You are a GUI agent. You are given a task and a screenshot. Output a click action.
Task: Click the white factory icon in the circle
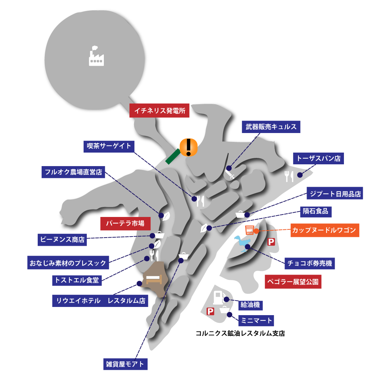(96, 56)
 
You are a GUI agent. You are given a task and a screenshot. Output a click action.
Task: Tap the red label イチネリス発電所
(159, 111)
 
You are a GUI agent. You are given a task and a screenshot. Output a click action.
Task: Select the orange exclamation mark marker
(188, 147)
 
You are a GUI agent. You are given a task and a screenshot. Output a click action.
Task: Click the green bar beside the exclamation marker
(173, 156)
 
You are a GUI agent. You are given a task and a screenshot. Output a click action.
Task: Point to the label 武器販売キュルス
(271, 127)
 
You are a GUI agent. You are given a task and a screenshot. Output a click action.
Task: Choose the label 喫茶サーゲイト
(109, 147)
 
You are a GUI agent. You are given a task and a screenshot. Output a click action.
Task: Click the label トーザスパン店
(318, 158)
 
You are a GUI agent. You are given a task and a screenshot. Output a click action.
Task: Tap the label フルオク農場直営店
(73, 172)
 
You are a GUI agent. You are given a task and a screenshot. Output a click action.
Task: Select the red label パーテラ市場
(126, 223)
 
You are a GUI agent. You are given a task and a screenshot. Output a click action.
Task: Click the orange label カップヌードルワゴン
(325, 230)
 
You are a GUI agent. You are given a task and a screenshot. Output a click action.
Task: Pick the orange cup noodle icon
(249, 230)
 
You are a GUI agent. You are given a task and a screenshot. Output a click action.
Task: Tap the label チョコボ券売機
(309, 263)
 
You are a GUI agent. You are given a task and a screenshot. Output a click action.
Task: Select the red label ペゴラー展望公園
(293, 282)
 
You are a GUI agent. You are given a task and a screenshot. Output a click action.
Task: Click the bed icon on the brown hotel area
(154, 279)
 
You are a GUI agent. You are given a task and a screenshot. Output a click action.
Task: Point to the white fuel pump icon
(218, 297)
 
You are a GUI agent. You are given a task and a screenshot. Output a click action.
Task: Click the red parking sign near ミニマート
(210, 311)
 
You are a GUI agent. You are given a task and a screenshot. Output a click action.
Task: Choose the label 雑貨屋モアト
(126, 364)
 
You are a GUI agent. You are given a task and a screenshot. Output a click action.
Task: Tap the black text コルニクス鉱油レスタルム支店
(240, 333)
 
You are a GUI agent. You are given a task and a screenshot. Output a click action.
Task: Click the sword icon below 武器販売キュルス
(229, 174)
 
